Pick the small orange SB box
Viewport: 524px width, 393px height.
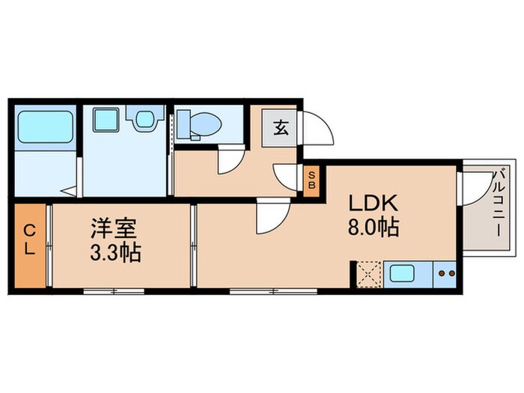point(312,182)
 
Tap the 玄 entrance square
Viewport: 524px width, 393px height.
point(280,128)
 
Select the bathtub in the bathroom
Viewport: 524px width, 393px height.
point(44,129)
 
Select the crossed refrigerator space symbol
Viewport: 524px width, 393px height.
point(368,273)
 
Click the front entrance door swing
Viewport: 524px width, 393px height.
point(316,129)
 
